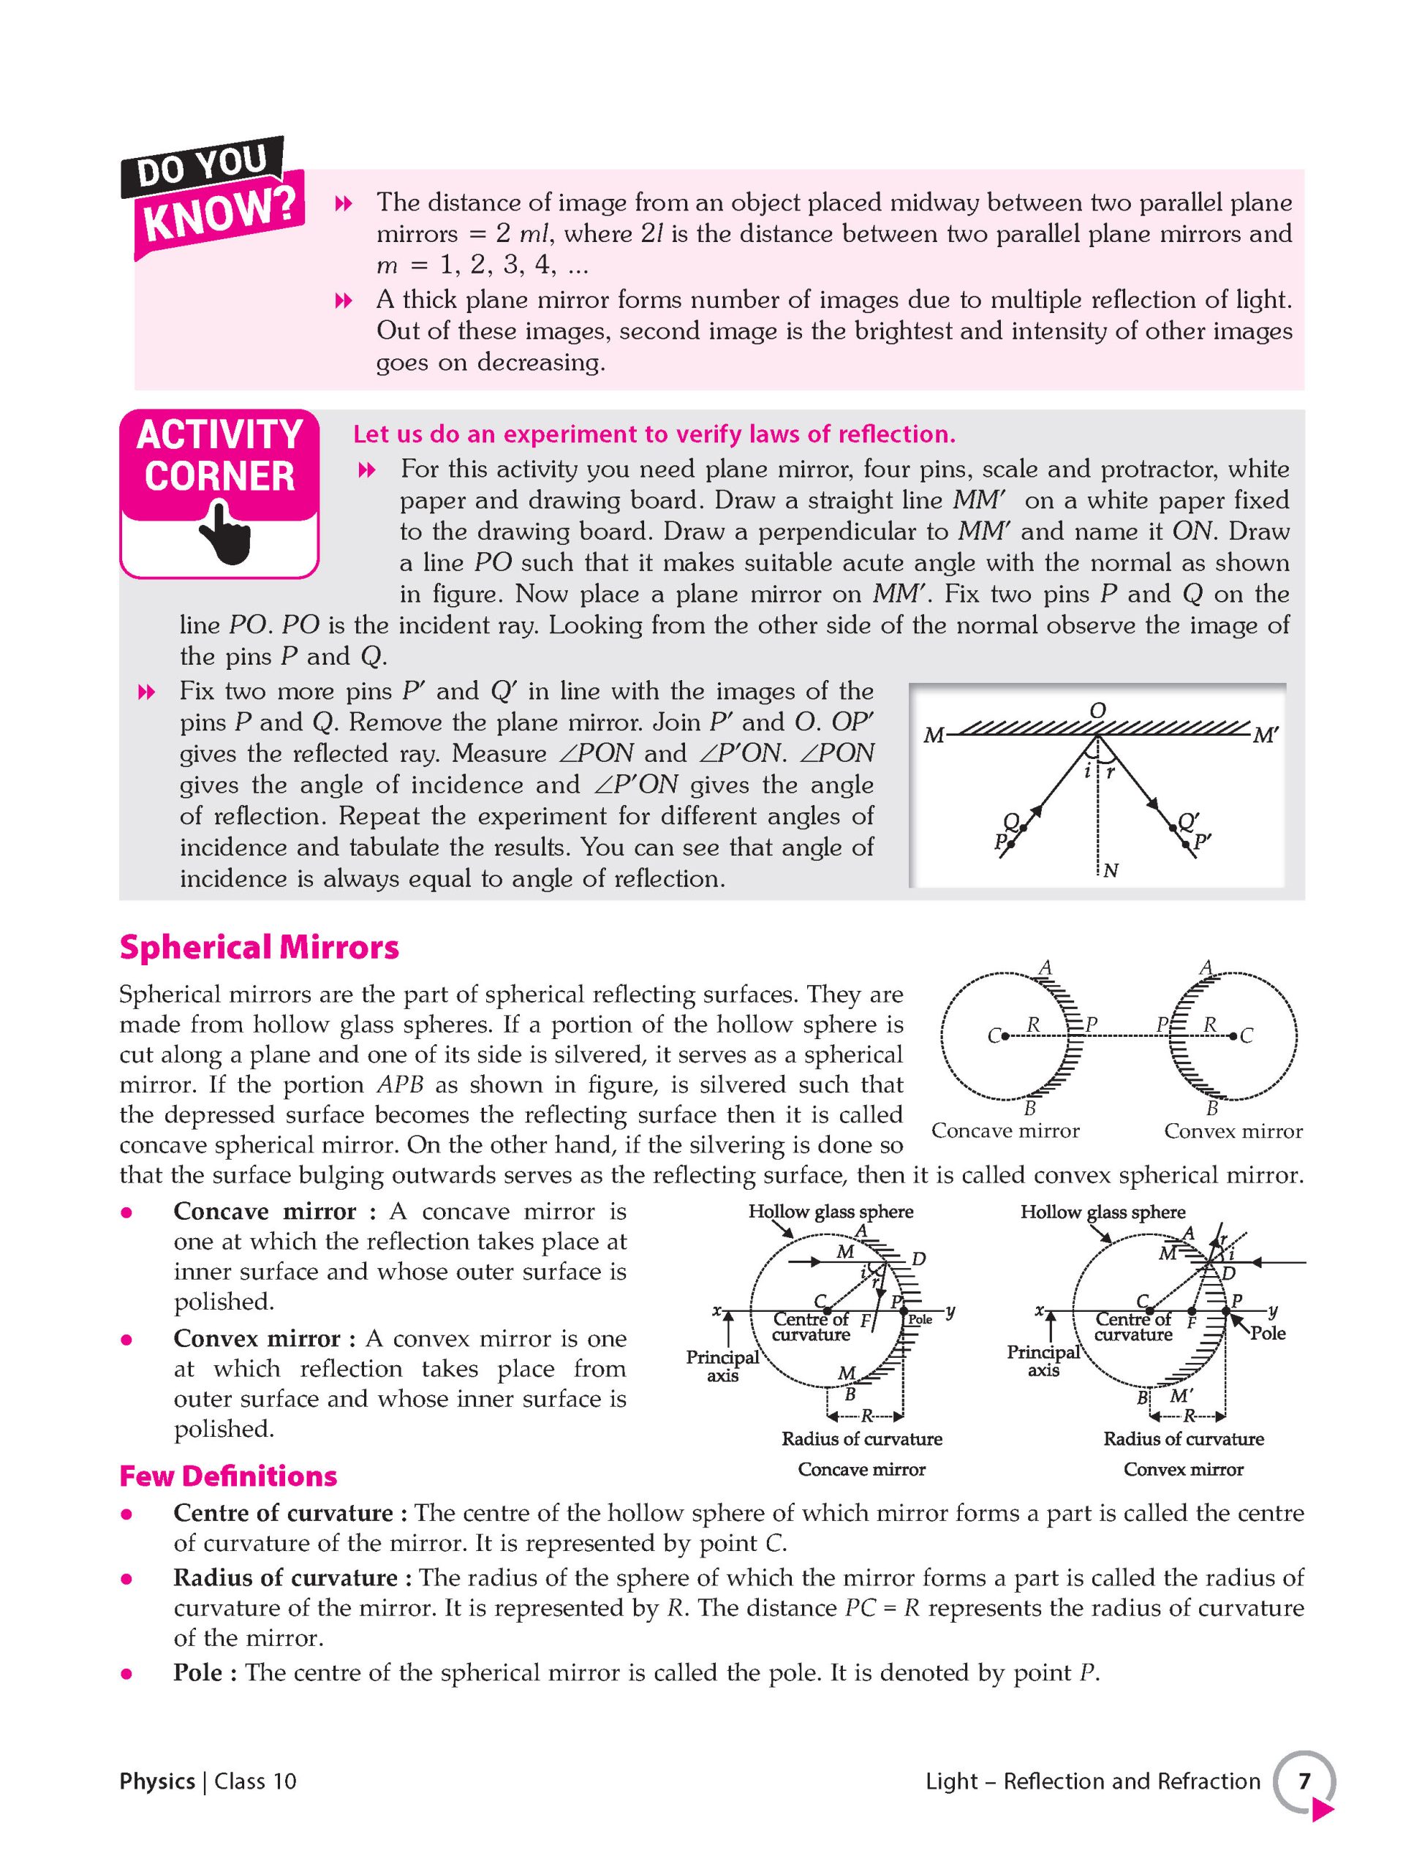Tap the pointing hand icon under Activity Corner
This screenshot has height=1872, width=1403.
(x=224, y=532)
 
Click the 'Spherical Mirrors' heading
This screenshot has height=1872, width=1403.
(x=259, y=947)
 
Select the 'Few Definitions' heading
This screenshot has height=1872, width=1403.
(x=229, y=1476)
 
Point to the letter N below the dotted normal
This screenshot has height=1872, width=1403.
(x=1111, y=870)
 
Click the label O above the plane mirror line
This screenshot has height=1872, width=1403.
(x=1097, y=710)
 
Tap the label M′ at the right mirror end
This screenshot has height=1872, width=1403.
(x=1265, y=736)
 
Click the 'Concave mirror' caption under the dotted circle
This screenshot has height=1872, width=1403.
(x=1005, y=1131)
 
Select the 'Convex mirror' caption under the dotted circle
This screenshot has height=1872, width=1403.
(x=1233, y=1131)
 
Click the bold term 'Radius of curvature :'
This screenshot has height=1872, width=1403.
(x=292, y=1577)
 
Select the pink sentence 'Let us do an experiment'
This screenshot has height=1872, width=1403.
(x=654, y=434)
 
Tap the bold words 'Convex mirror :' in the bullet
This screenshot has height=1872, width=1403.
(x=268, y=1338)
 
